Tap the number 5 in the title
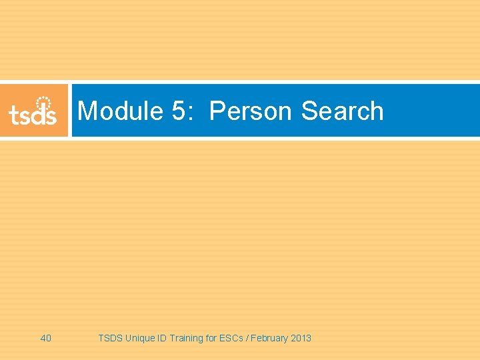click(x=179, y=111)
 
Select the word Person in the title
click(x=251, y=111)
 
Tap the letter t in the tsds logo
click(x=14, y=115)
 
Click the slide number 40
click(x=46, y=338)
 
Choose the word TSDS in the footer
click(x=110, y=338)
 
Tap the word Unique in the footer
click(x=140, y=338)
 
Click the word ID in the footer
click(x=162, y=338)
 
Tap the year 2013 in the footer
click(x=301, y=338)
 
